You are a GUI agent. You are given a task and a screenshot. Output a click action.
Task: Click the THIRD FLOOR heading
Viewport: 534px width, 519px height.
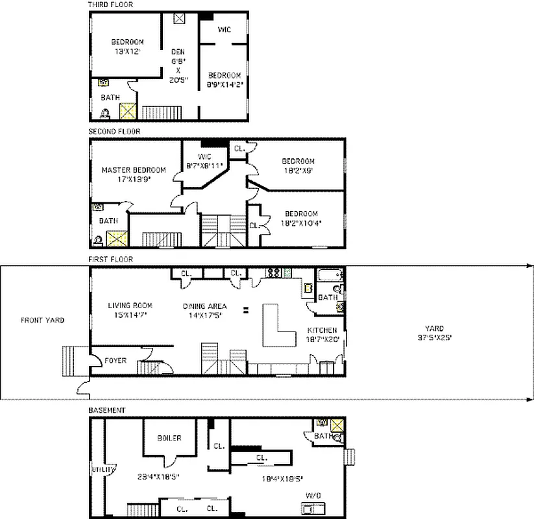point(111,5)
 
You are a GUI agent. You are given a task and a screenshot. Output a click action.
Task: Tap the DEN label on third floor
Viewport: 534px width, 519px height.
point(178,52)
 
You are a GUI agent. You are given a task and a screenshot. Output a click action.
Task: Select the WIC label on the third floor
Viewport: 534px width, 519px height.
point(224,30)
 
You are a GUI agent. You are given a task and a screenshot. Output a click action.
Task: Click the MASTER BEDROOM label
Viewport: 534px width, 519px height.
point(134,170)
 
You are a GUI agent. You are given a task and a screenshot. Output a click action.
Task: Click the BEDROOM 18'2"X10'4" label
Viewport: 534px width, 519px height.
point(301,213)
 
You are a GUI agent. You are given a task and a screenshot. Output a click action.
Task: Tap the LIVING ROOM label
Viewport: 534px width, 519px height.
point(130,306)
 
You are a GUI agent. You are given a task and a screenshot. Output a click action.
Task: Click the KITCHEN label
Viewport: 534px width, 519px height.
point(322,330)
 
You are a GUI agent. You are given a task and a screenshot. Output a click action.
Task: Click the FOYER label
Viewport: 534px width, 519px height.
point(115,361)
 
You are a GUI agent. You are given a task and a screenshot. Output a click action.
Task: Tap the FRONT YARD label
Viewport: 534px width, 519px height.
point(42,320)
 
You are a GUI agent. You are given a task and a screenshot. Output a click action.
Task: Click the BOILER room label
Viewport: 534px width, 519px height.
point(169,438)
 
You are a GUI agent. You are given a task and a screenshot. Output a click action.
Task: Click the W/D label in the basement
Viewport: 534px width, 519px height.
point(313,495)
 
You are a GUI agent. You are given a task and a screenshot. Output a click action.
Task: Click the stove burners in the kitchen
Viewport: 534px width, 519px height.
point(274,272)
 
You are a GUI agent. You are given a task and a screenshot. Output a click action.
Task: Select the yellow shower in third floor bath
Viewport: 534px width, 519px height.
point(128,111)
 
